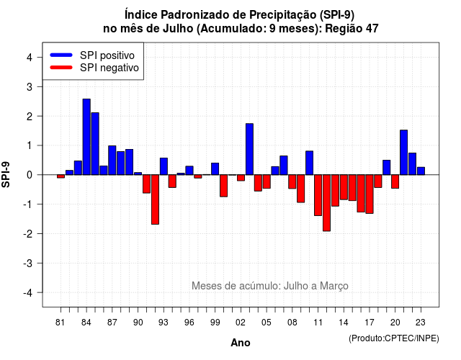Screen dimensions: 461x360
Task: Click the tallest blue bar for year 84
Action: pyautogui.click(x=86, y=137)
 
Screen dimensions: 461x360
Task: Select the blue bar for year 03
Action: pyautogui.click(x=249, y=149)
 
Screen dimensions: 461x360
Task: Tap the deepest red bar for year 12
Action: pyautogui.click(x=326, y=203)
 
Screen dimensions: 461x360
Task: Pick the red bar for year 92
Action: pyautogui.click(x=156, y=199)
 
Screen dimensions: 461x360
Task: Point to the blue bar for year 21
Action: pyautogui.click(x=403, y=153)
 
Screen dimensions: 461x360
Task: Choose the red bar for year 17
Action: pyautogui.click(x=370, y=194)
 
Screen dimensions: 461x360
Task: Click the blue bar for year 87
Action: pyautogui.click(x=112, y=160)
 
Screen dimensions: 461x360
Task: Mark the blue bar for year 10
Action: pyautogui.click(x=309, y=163)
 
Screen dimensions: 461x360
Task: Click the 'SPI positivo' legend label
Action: pyautogui.click(x=107, y=55)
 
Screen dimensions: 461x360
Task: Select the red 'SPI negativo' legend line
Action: pyautogui.click(x=61, y=68)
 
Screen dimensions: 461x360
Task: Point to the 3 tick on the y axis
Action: pyautogui.click(x=40, y=86)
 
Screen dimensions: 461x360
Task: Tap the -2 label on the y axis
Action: pyautogui.click(x=29, y=233)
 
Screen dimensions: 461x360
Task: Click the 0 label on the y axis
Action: pyautogui.click(x=30, y=175)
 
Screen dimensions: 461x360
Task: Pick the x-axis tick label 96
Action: pyautogui.click(x=189, y=323)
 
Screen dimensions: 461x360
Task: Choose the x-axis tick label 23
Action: pyautogui.click(x=421, y=323)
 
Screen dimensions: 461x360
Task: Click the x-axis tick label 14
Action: pyautogui.click(x=344, y=323)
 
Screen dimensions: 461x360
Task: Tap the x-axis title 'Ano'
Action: pyautogui.click(x=241, y=343)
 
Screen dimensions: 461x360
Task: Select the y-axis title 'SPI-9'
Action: pyautogui.click(x=6, y=174)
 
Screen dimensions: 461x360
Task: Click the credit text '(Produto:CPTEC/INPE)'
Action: pyautogui.click(x=394, y=338)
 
